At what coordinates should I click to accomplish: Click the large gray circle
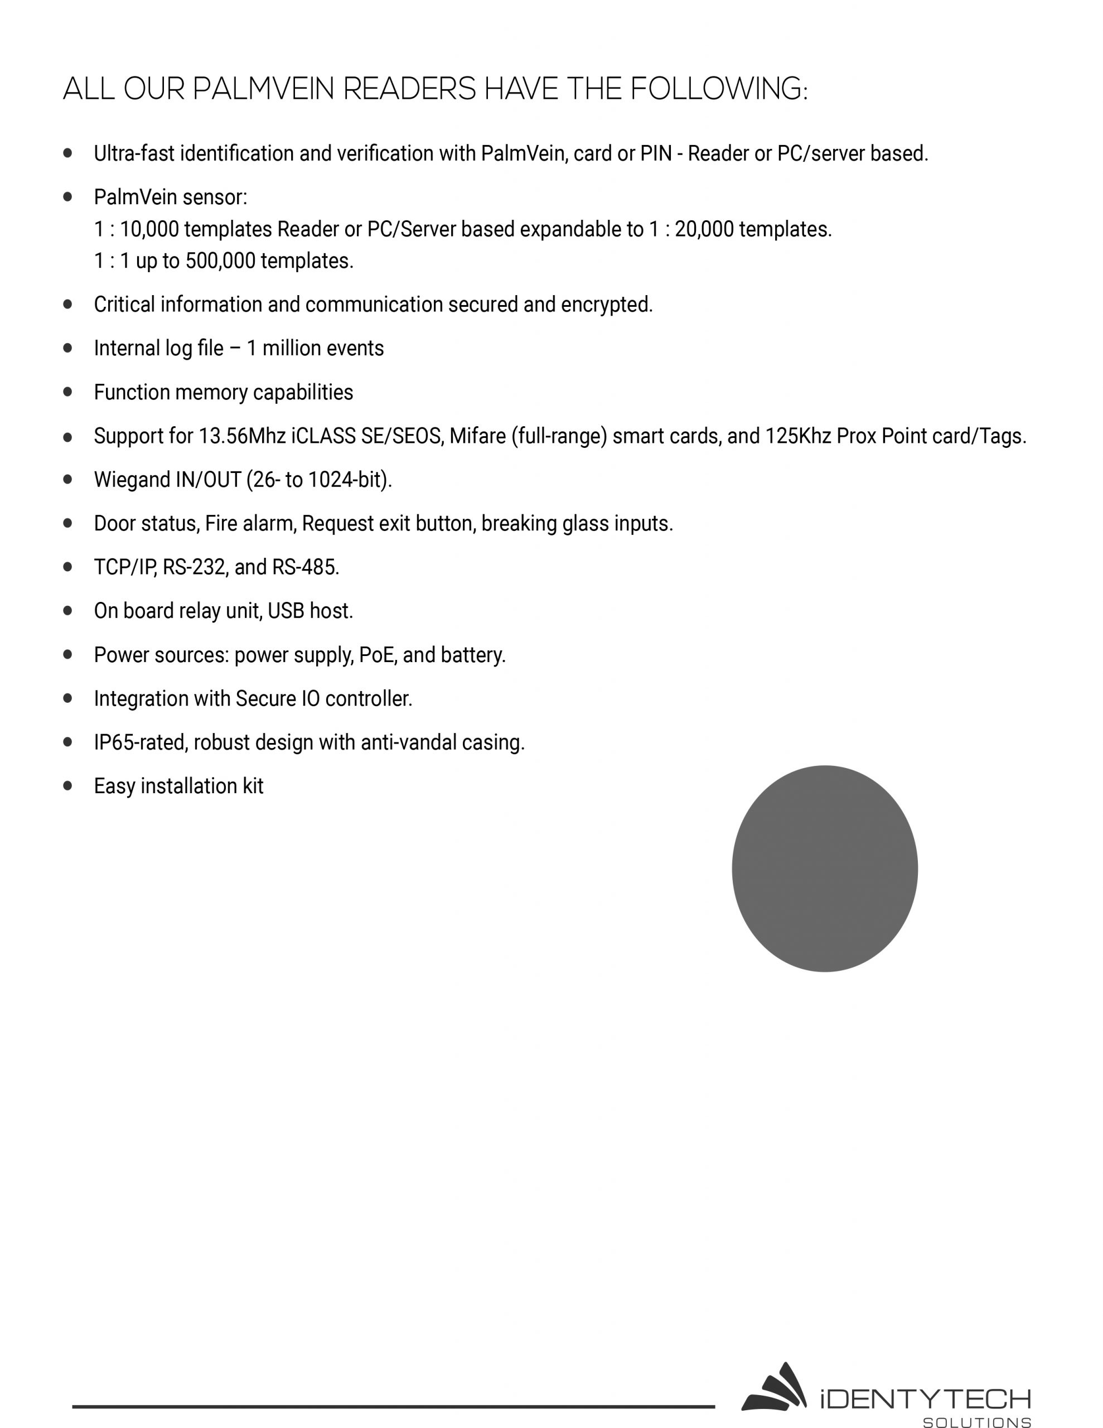(825, 869)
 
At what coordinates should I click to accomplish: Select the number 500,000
(220, 261)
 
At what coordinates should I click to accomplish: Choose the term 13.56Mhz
(242, 436)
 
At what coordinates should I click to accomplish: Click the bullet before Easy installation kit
(68, 786)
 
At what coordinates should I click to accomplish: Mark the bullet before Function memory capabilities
(68, 392)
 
